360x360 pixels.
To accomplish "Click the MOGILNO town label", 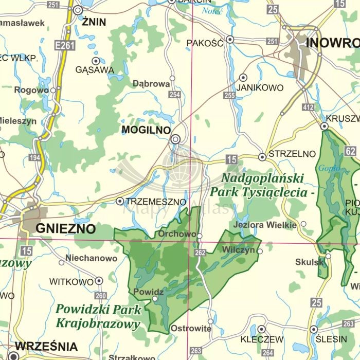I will pyautogui.click(x=146, y=130).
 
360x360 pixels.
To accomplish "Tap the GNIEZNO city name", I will pyautogui.click(x=66, y=229).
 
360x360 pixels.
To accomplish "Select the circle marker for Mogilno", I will pyautogui.click(x=176, y=139).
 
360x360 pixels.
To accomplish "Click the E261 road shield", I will pyautogui.click(x=66, y=46).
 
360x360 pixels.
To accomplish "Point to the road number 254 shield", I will pyautogui.click(x=175, y=95).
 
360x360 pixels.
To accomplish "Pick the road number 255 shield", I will pyautogui.click(x=229, y=95).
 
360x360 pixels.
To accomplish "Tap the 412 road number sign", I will pyautogui.click(x=308, y=107).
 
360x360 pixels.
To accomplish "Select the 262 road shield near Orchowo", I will pyautogui.click(x=200, y=253).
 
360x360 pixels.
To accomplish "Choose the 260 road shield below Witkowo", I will pyautogui.click(x=101, y=296).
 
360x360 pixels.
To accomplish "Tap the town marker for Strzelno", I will pyautogui.click(x=262, y=157).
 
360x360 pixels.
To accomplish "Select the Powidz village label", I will pyautogui.click(x=148, y=292).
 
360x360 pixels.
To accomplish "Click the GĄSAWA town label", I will pyautogui.click(x=94, y=69).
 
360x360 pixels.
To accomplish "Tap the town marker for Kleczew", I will pyautogui.click(x=262, y=329).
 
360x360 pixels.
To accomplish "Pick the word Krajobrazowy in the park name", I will pyautogui.click(x=98, y=324).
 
